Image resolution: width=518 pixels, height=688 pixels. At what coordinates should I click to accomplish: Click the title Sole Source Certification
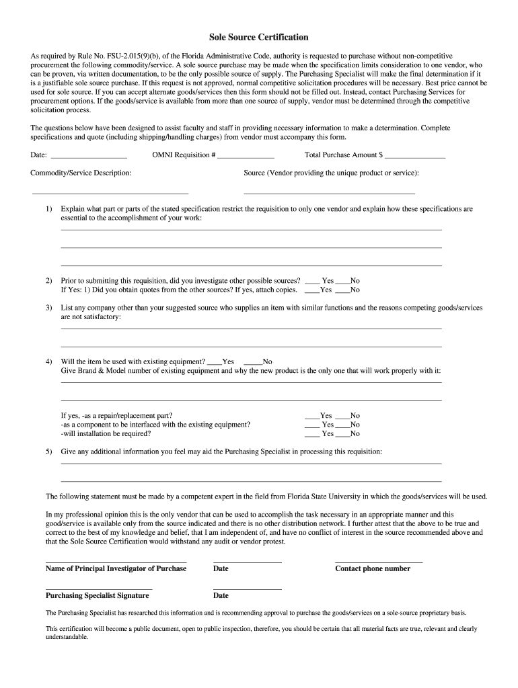pyautogui.click(x=258, y=37)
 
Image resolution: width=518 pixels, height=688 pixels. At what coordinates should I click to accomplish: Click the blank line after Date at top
pyautogui.click(x=89, y=155)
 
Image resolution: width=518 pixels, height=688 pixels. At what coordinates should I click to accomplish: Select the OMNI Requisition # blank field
pyautogui.click(x=246, y=155)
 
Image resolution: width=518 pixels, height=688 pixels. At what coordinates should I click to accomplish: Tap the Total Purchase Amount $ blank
pyautogui.click(x=414, y=155)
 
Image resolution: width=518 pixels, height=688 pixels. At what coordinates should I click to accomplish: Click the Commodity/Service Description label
pyautogui.click(x=81, y=173)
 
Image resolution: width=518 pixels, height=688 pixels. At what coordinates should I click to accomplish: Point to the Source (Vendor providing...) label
pyautogui.click(x=331, y=173)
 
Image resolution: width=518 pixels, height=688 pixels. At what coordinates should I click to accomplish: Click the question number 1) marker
pyautogui.click(x=49, y=209)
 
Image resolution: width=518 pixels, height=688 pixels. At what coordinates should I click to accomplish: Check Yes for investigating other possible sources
pyautogui.click(x=313, y=281)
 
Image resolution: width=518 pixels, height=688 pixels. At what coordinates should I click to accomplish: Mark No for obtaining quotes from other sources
pyautogui.click(x=342, y=290)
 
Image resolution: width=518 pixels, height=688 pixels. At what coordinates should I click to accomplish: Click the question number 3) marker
pyautogui.click(x=49, y=308)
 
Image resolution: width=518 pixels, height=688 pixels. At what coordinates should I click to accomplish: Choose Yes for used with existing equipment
pyautogui.click(x=215, y=361)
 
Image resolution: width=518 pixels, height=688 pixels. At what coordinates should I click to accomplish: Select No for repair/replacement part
pyautogui.click(x=342, y=416)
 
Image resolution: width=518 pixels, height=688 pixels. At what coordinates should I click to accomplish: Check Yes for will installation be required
pyautogui.click(x=311, y=434)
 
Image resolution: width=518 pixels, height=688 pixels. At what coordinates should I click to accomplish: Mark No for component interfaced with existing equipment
pyautogui.click(x=342, y=425)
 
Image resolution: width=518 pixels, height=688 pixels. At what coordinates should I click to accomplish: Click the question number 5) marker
pyautogui.click(x=49, y=451)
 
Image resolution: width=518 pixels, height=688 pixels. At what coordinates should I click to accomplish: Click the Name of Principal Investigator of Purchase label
pyautogui.click(x=116, y=568)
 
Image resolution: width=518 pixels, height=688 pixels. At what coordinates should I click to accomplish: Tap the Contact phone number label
pyautogui.click(x=373, y=568)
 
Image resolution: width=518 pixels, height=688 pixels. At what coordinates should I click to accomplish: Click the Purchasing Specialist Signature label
pyautogui.click(x=97, y=595)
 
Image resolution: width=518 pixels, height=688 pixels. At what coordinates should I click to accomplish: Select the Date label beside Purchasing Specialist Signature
pyautogui.click(x=221, y=595)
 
